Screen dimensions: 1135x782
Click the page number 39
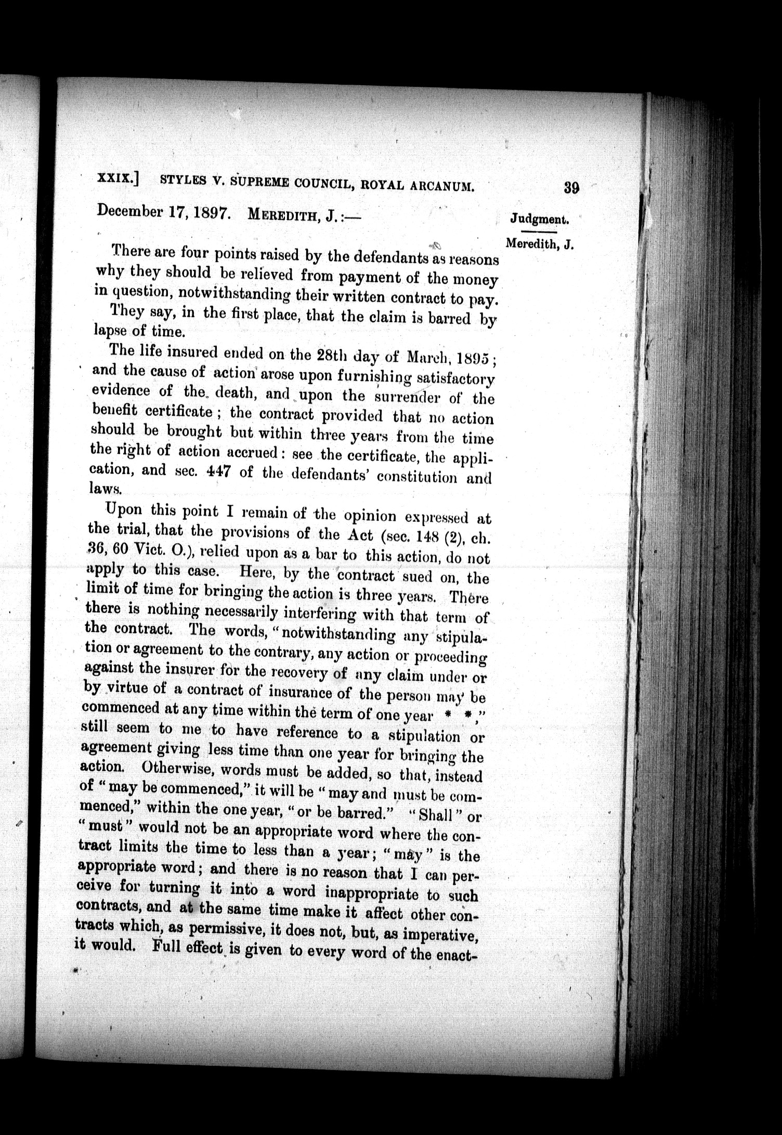[571, 188]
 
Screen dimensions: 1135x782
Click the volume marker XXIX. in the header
[118, 178]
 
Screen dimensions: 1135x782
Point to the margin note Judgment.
[540, 219]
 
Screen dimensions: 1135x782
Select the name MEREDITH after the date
[284, 214]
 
